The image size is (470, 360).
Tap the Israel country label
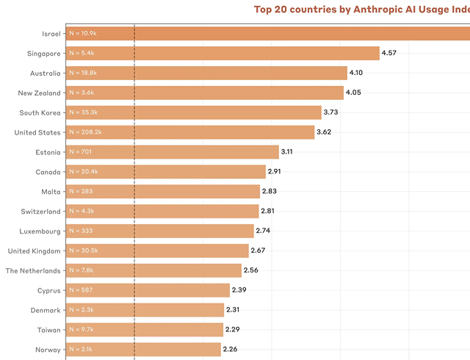tap(50, 34)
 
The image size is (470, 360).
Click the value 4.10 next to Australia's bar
tap(356, 73)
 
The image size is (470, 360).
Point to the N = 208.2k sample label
tap(84, 132)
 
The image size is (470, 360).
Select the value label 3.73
tap(331, 112)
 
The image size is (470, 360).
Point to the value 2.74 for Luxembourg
tap(264, 231)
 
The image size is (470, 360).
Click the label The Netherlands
tap(33, 270)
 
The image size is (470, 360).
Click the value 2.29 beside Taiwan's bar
tap(234, 329)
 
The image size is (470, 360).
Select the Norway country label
tap(48, 350)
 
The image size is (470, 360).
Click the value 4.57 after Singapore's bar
tap(390, 53)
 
